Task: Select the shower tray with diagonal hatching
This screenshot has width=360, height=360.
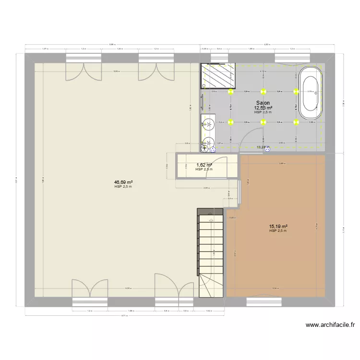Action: (219, 76)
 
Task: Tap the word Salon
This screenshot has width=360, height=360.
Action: (263, 103)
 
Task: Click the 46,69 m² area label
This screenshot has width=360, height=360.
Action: (123, 182)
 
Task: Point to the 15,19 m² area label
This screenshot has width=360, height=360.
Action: (278, 226)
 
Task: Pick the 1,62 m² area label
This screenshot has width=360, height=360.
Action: (204, 165)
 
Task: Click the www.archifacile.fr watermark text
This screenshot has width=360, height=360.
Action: (330, 325)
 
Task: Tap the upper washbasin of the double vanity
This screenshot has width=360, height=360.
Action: (208, 126)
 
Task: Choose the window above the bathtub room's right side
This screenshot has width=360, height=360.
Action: (291, 58)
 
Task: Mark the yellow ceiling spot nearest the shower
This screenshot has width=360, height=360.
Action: (231, 91)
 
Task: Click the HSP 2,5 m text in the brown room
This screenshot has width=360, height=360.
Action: (278, 231)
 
